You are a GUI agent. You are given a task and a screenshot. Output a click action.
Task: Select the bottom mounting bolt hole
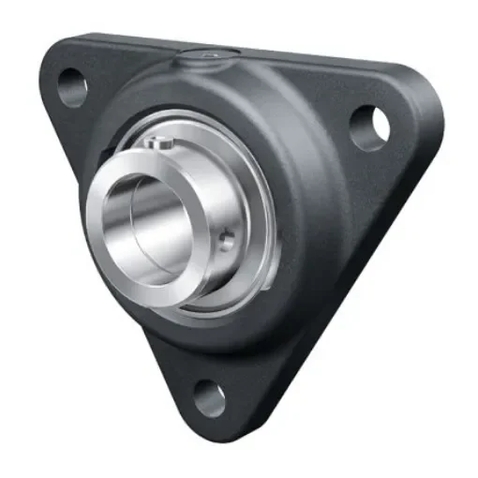click(x=208, y=398)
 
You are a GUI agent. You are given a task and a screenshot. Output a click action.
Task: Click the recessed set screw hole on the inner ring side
click(x=225, y=242)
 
